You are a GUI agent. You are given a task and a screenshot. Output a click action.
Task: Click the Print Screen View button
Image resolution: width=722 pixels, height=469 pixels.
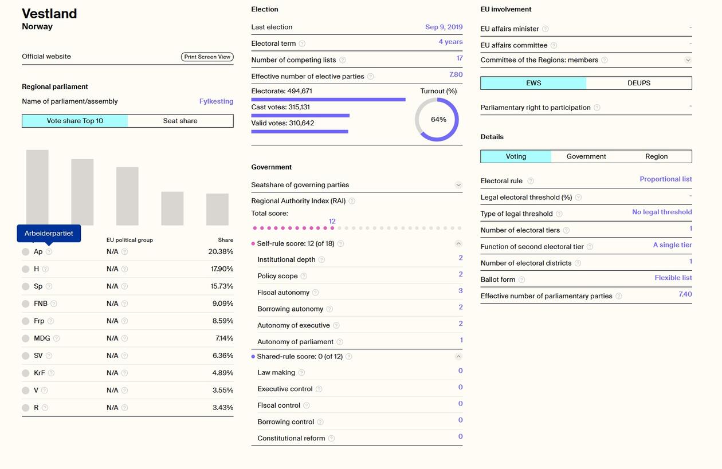click(207, 57)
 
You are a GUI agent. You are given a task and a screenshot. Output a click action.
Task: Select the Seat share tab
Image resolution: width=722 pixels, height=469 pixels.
click(180, 121)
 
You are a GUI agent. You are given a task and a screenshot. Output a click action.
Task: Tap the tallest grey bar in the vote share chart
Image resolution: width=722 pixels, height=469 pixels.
click(37, 187)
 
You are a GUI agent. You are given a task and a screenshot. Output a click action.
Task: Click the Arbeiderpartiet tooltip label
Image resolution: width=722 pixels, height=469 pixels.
click(49, 234)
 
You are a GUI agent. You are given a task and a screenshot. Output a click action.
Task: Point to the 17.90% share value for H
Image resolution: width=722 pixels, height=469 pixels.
click(222, 269)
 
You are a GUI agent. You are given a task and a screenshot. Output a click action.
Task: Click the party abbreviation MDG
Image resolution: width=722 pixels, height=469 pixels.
click(42, 338)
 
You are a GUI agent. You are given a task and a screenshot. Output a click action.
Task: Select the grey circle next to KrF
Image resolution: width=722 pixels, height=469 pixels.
click(26, 373)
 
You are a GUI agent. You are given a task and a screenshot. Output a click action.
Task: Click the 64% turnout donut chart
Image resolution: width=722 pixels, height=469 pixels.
click(437, 120)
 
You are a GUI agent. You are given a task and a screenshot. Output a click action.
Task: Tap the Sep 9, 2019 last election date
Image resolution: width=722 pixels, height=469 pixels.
click(444, 27)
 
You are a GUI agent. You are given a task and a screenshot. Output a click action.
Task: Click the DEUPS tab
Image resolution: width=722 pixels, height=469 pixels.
click(638, 83)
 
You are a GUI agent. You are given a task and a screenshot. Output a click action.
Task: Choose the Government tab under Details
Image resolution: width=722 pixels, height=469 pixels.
click(586, 156)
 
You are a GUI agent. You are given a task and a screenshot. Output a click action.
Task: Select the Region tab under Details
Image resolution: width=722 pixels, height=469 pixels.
click(656, 156)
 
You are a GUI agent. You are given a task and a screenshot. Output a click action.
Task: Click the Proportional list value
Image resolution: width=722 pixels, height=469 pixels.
click(665, 179)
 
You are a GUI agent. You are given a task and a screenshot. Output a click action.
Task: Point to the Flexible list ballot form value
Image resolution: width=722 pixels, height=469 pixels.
click(673, 278)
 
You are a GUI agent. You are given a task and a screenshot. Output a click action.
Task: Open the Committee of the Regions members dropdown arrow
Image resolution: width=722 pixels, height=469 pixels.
click(688, 60)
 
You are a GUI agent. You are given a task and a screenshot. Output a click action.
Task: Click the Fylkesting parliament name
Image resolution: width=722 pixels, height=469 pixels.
click(216, 101)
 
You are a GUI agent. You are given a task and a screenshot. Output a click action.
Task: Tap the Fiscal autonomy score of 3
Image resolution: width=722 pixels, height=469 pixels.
click(460, 291)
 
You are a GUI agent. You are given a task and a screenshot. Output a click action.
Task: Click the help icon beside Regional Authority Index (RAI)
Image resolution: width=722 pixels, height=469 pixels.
click(352, 201)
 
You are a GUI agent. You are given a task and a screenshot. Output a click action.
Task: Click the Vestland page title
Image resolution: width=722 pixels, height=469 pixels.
click(49, 13)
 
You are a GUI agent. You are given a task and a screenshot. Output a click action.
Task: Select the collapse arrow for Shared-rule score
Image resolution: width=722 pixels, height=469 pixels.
click(458, 356)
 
